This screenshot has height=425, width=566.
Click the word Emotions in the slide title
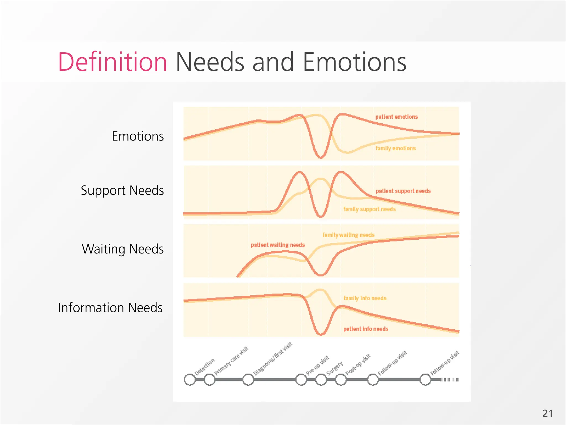(x=354, y=62)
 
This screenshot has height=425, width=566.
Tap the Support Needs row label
(x=122, y=191)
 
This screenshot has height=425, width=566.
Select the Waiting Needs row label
(x=123, y=249)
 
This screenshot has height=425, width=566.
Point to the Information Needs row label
(x=110, y=308)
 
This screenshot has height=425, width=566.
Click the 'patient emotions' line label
(x=396, y=117)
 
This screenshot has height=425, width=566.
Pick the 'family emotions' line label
(x=395, y=148)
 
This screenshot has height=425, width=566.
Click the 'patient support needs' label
(x=403, y=191)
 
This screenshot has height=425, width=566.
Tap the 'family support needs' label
(x=369, y=209)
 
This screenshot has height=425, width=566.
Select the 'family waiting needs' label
(x=348, y=235)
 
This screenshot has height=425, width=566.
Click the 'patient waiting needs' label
(x=277, y=245)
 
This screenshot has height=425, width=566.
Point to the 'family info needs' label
(x=365, y=298)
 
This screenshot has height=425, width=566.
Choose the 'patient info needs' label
(x=366, y=329)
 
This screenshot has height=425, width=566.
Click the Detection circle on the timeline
(x=190, y=380)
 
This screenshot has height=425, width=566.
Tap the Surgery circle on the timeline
(x=321, y=380)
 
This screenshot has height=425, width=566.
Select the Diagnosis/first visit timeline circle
(x=248, y=380)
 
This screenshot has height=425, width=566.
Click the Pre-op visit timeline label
(x=318, y=365)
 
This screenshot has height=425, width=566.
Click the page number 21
(x=547, y=413)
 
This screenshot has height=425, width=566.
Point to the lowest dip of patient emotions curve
(x=321, y=157)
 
